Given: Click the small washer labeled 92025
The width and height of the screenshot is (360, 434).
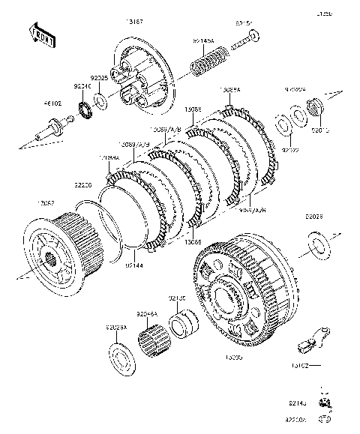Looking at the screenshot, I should [x=101, y=100].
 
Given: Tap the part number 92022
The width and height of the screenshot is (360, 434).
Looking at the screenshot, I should [x=290, y=149].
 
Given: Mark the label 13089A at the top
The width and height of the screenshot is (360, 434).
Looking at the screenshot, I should [x=230, y=89].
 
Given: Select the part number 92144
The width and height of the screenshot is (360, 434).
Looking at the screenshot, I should [x=135, y=265].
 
